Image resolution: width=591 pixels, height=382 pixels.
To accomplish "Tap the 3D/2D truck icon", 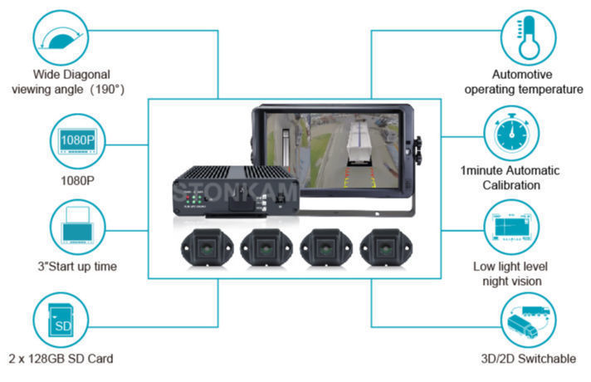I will tap(526, 321).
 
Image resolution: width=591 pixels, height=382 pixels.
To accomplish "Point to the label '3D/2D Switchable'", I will tap(528, 359).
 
